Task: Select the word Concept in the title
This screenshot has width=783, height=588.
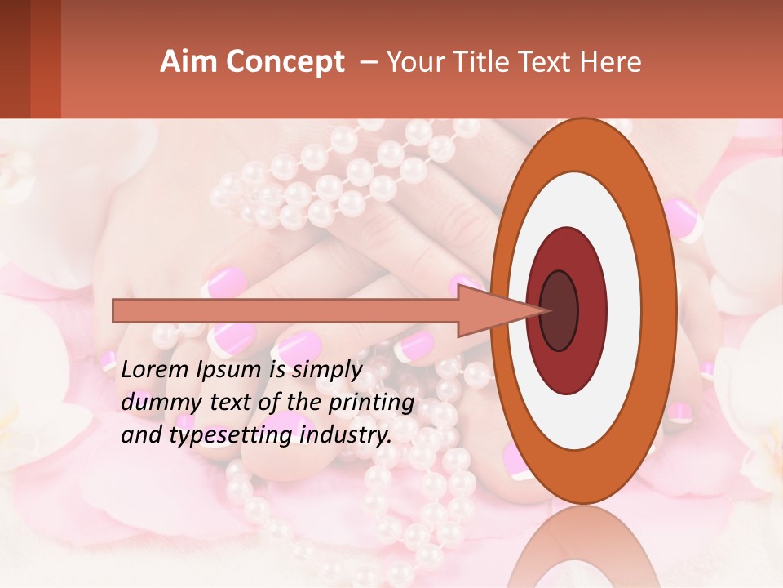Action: [x=284, y=63]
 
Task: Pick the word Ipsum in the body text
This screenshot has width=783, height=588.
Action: [x=230, y=371]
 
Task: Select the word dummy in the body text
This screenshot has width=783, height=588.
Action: [x=157, y=403]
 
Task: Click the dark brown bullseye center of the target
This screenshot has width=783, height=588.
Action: [x=559, y=311]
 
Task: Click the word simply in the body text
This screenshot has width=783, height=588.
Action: [x=326, y=371]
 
